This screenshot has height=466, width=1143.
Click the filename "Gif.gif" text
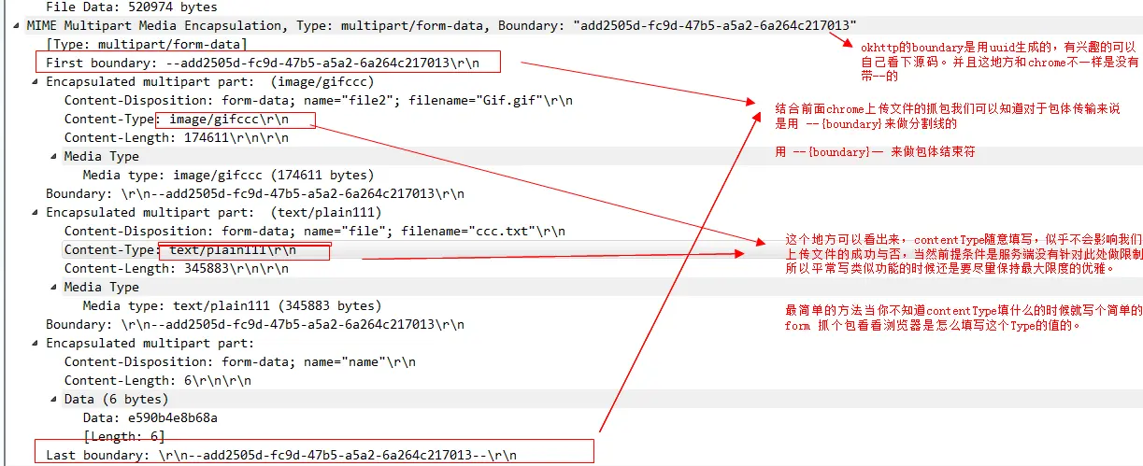point(514,100)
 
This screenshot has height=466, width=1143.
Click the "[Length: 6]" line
point(123,436)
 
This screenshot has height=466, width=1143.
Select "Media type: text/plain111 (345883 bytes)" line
point(232,305)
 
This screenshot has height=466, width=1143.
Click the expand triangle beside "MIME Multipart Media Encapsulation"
point(19,25)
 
